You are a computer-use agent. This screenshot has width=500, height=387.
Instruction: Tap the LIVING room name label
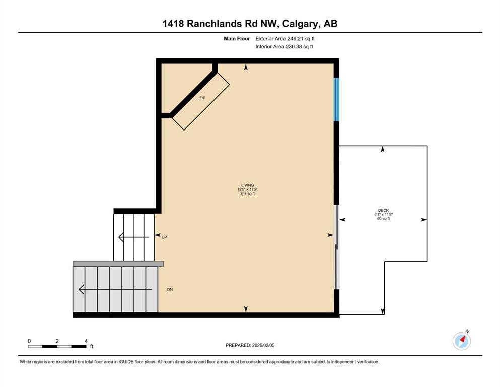247,185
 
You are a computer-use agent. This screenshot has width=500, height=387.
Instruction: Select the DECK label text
384,211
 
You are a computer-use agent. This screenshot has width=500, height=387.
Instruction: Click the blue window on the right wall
336,99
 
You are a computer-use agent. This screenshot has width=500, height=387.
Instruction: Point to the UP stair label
164,236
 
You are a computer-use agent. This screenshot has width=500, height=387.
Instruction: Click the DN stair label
170,290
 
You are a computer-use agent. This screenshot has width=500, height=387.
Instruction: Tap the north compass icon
461,341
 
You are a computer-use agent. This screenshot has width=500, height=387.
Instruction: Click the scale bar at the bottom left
57,346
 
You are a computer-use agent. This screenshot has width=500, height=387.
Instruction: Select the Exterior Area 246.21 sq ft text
286,38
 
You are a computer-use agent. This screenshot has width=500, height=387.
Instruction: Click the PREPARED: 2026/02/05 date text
250,345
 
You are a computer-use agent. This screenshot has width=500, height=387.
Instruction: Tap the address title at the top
250,24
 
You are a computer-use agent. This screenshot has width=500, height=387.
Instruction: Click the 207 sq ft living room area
247,193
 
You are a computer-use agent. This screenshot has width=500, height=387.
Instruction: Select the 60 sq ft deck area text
384,219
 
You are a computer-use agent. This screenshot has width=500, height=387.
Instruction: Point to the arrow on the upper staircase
133,237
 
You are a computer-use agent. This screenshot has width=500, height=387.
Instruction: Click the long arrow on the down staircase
115,290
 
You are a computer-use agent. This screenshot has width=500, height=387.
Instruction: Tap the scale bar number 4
87,341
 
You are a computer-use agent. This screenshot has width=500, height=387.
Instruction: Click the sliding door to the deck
336,247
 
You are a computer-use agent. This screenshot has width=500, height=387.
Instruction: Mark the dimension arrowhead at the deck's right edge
424,220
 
